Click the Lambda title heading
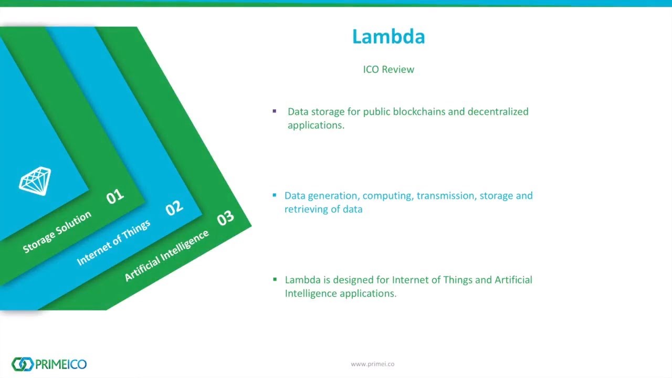coord(388,37)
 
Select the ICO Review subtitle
coord(388,69)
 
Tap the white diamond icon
coord(35,181)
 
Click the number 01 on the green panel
coord(115,196)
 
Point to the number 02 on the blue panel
coord(174,208)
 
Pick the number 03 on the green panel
coord(225,218)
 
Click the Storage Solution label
coord(57,232)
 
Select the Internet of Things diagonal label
coord(114,242)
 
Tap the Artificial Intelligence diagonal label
coord(167,255)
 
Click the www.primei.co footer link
coord(372,364)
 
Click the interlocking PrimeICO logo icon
coord(22,364)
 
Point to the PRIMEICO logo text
coord(60,364)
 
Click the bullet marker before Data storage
coord(275,111)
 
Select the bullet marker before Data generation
coord(275,195)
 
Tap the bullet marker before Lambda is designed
coord(275,279)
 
